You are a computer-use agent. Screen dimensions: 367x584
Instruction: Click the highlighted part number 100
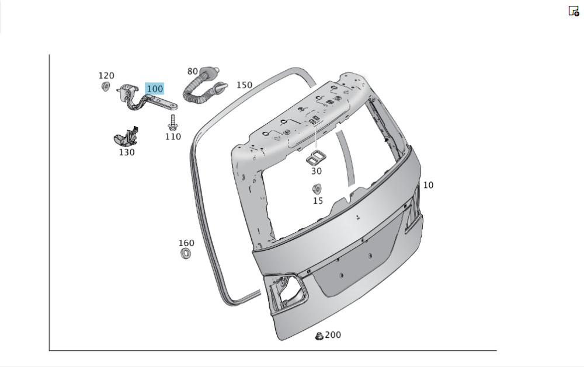tap(155, 89)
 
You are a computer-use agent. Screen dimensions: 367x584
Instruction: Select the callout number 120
tap(106, 76)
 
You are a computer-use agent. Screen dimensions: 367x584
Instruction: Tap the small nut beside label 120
tap(106, 87)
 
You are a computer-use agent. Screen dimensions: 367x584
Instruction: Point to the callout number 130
tap(127, 152)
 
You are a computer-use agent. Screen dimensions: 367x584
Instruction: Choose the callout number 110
tap(173, 137)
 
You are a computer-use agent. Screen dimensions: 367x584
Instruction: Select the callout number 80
tap(193, 71)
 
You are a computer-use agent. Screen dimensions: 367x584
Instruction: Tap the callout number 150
tap(244, 85)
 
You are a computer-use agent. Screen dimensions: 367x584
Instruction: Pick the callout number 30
tap(316, 171)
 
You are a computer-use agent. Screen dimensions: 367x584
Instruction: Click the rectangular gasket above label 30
tap(316, 156)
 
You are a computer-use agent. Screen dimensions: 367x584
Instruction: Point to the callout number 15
tap(318, 201)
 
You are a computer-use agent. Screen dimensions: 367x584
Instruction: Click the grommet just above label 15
tap(317, 188)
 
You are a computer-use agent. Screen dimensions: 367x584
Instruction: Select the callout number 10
tap(428, 185)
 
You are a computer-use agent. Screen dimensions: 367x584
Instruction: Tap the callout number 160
tap(186, 243)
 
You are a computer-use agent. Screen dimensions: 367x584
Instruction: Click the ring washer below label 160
tap(186, 254)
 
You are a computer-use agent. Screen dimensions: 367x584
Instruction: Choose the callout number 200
tap(333, 335)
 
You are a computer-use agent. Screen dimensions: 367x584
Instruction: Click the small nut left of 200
tap(319, 335)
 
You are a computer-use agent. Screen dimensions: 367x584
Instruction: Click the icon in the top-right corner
tap(573, 11)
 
